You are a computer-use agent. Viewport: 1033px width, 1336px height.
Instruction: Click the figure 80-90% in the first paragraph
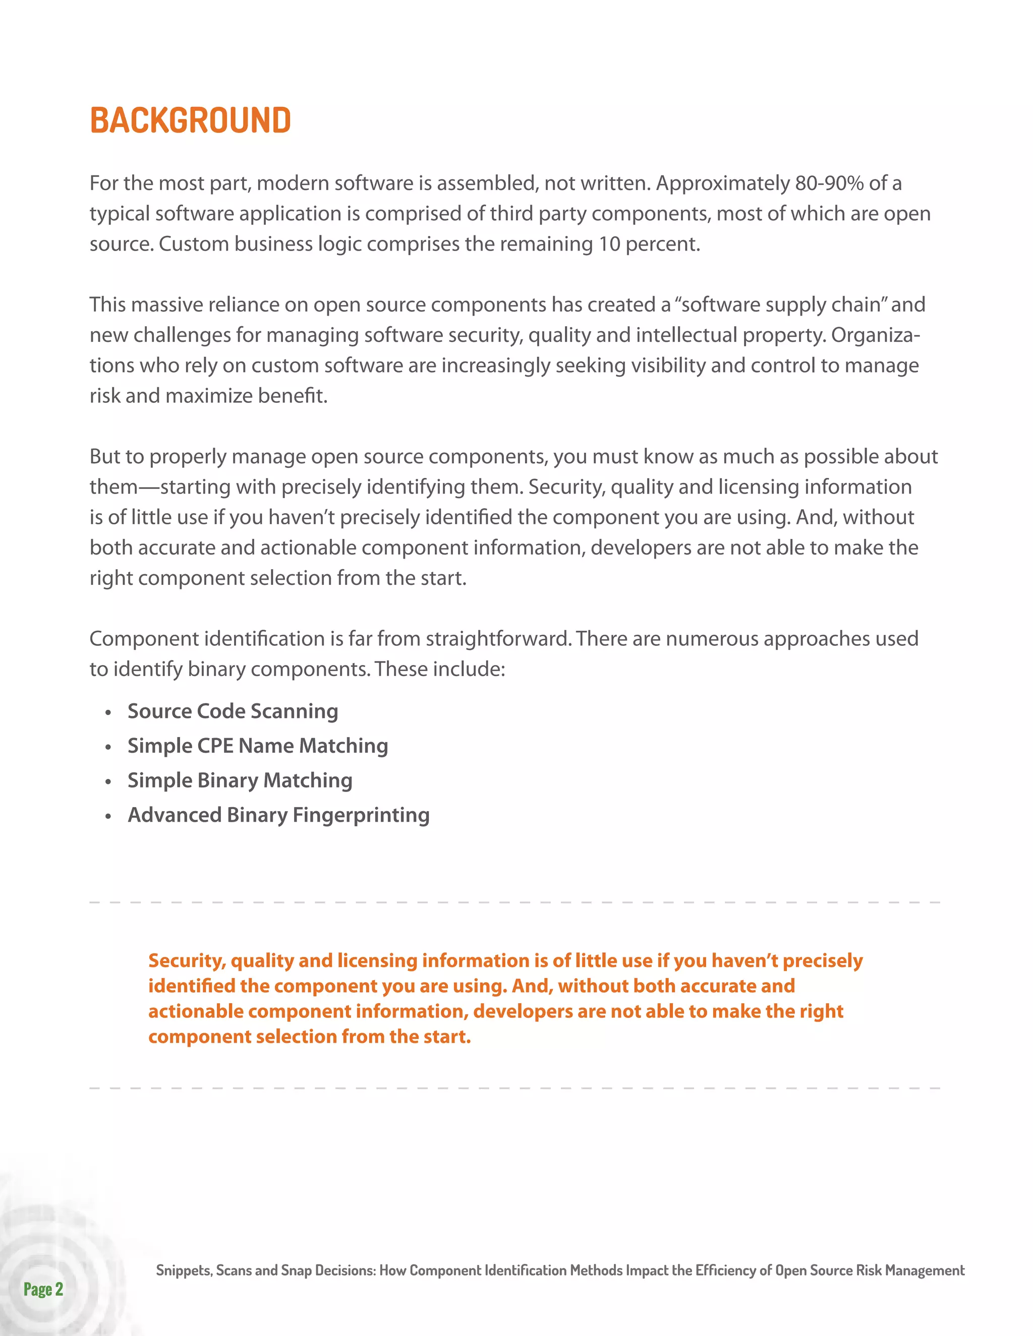click(829, 183)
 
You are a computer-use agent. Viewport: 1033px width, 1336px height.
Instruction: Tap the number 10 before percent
click(609, 244)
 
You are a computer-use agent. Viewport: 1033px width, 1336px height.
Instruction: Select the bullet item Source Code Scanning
click(233, 711)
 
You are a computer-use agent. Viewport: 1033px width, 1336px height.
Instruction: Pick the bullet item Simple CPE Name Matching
click(258, 746)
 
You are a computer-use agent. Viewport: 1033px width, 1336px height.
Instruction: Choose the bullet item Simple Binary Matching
click(240, 780)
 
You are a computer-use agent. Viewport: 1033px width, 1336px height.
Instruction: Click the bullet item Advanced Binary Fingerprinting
click(278, 815)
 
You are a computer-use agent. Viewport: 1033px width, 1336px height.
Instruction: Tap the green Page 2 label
click(43, 1289)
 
